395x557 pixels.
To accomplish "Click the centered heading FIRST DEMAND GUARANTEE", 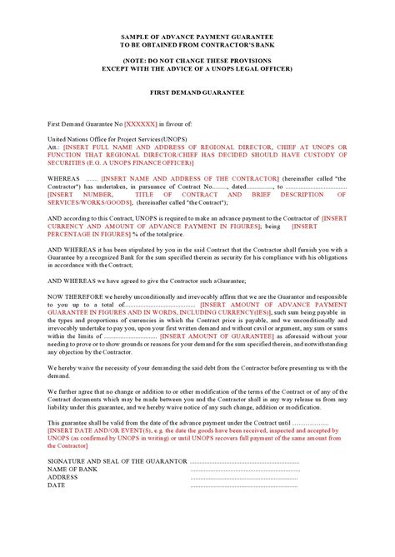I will pos(197,92).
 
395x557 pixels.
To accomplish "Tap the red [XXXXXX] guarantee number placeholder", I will pos(141,122).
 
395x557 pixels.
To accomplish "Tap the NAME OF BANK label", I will pos(74,469).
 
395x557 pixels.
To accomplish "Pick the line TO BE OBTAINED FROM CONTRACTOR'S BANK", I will pos(197,47).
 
